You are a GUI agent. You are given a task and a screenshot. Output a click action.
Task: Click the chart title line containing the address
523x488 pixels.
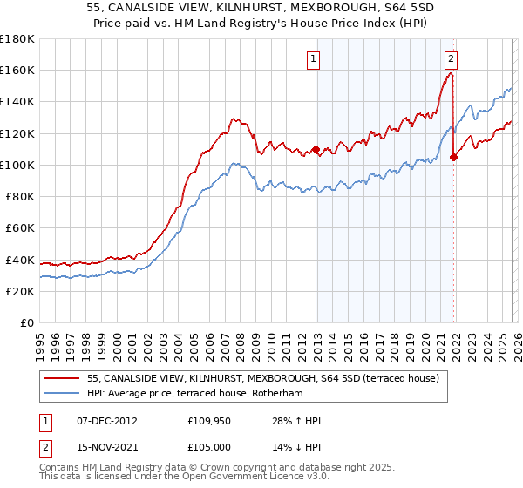tap(261, 6)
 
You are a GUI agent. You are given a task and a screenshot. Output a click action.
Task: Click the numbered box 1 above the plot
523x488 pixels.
tap(313, 59)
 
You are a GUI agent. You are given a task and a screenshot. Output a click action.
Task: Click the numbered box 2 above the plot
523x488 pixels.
tap(451, 59)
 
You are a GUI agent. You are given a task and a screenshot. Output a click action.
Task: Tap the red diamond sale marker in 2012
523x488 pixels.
tap(316, 149)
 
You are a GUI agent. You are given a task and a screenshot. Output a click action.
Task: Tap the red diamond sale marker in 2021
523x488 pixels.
tap(453, 157)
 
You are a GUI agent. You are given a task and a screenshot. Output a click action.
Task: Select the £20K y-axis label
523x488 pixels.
tap(21, 291)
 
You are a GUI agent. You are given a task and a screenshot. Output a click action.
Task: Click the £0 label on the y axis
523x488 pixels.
tap(28, 322)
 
